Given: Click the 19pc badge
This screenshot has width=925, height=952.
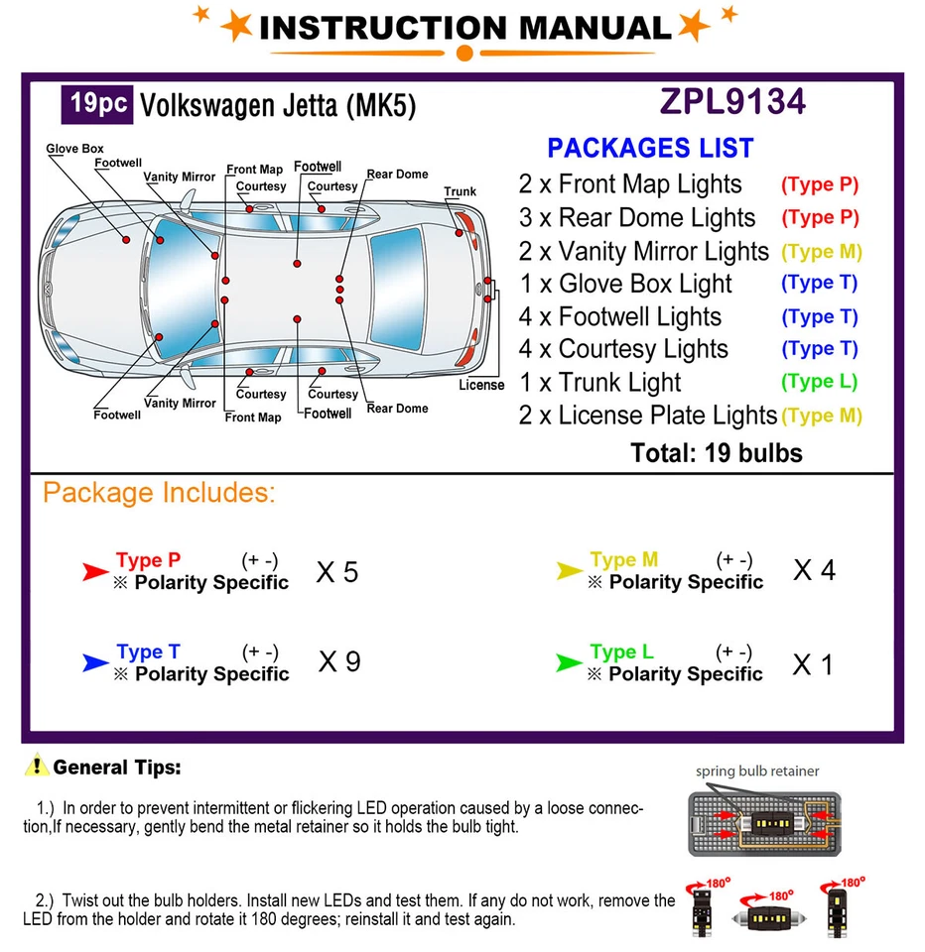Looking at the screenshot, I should tap(97, 104).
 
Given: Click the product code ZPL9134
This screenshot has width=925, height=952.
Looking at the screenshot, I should tap(732, 102).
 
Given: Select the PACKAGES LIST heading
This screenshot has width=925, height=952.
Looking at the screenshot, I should tap(650, 148).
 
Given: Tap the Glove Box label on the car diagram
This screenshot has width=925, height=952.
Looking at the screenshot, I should tap(74, 149).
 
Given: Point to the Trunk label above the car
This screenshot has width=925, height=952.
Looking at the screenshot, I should tap(460, 191).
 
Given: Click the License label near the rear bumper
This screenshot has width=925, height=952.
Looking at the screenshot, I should tap(481, 385).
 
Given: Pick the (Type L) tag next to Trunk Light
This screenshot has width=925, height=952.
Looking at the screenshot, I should tap(819, 382).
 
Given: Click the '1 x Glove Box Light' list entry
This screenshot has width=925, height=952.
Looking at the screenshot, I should tap(625, 284).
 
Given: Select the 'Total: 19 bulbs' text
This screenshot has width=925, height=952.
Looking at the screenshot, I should tap(716, 453).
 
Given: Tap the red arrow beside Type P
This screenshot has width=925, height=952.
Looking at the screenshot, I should tap(94, 571).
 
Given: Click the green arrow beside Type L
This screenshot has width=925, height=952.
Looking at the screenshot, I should tap(569, 662).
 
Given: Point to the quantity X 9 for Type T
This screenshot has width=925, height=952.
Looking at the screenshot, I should tap(338, 662).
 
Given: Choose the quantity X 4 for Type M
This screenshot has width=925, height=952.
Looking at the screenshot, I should tap(814, 570).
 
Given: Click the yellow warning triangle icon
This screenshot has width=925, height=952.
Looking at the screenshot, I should tap(37, 766).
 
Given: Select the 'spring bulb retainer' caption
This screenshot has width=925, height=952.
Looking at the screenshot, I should tap(757, 771).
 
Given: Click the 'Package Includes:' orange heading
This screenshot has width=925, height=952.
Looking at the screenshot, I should tap(159, 493).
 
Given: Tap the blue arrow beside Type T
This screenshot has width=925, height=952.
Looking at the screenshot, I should tap(94, 662).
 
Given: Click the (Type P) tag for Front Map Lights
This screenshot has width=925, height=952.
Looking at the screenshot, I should tap(819, 184).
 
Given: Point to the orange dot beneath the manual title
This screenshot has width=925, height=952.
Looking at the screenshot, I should tap(462, 53).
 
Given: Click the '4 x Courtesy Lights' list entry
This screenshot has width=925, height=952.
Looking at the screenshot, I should tap(623, 349).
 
